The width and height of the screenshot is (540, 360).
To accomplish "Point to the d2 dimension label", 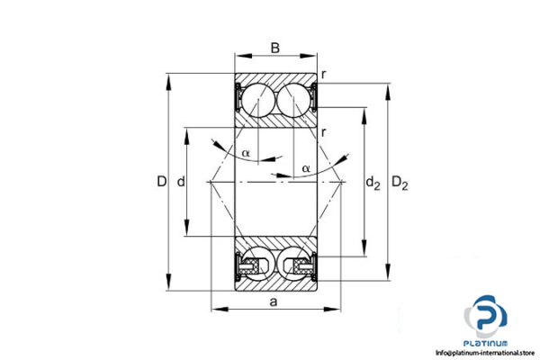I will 373,184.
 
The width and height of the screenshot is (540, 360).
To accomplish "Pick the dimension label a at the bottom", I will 274,301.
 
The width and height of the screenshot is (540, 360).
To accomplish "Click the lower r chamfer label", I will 323,133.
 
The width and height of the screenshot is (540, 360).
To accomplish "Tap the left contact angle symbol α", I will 246,153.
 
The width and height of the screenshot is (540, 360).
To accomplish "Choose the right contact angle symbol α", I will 306,168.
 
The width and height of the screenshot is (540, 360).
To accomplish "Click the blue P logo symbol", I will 487,318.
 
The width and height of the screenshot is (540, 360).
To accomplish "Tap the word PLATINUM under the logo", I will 487,343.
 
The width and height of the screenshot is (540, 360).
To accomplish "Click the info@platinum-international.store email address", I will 487,353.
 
